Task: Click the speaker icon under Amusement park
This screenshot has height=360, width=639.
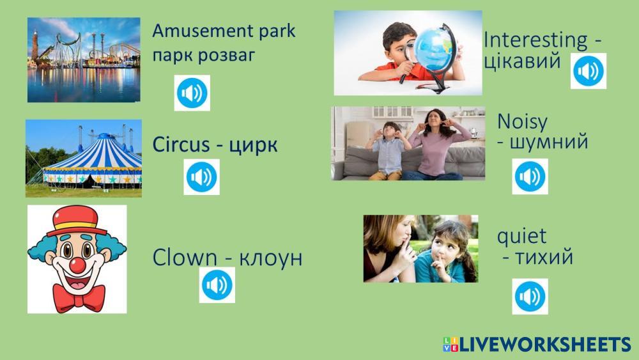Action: [x=192, y=93]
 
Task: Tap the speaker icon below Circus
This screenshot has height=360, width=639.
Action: [x=201, y=177]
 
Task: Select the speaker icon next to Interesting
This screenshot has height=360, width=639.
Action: [x=588, y=71]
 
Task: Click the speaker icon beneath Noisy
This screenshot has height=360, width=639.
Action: [x=530, y=176]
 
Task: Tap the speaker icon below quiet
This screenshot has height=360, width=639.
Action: [x=530, y=297]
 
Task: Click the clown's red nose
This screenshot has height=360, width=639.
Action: [x=77, y=265]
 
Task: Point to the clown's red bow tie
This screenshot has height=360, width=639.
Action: [x=79, y=297]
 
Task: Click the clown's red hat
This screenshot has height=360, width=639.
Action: [x=77, y=221]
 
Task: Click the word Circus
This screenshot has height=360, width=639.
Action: [x=181, y=145]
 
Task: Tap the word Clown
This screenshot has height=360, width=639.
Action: [x=185, y=258]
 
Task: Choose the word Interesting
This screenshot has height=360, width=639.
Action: [x=535, y=40]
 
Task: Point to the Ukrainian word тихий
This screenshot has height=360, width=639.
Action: [x=544, y=257]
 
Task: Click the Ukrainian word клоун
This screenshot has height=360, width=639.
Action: [x=270, y=258]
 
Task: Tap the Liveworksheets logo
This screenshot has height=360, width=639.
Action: [x=537, y=345]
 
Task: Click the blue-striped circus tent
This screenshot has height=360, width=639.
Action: [x=92, y=162]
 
